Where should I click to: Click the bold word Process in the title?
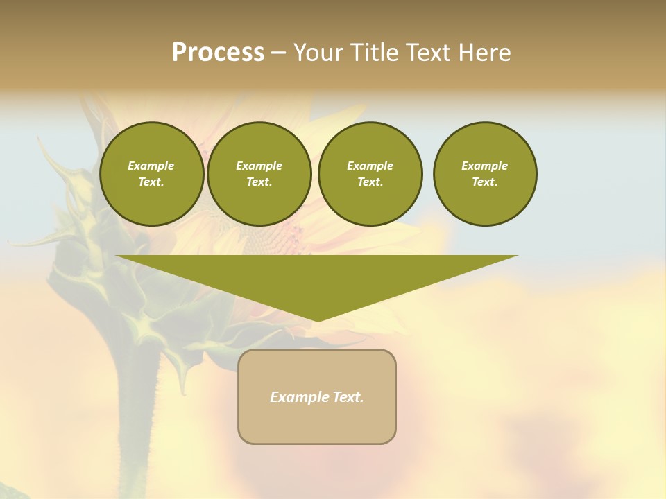[x=218, y=53]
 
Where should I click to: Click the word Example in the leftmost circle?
[x=151, y=166]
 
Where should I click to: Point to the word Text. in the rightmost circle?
[x=485, y=182]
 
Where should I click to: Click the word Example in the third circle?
[x=370, y=166]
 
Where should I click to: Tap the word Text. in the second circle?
[x=259, y=182]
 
